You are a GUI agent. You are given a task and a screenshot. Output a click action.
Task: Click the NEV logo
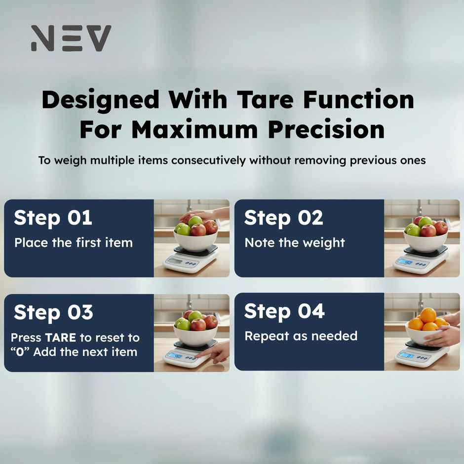click(71, 39)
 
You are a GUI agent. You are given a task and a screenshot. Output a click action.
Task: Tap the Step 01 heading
click(53, 218)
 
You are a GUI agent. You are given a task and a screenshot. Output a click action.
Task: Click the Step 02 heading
click(283, 218)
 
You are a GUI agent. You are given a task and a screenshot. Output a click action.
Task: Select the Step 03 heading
click(53, 312)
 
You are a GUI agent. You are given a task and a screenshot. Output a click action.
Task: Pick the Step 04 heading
click(284, 311)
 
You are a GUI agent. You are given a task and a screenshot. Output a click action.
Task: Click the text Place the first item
click(74, 242)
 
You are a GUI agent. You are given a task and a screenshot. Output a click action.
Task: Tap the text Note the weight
click(295, 242)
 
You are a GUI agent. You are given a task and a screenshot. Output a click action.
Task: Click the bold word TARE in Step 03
click(60, 338)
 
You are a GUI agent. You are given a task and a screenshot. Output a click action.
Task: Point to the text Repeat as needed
click(301, 336)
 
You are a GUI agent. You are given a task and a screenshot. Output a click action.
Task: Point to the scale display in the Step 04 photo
click(406, 356)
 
